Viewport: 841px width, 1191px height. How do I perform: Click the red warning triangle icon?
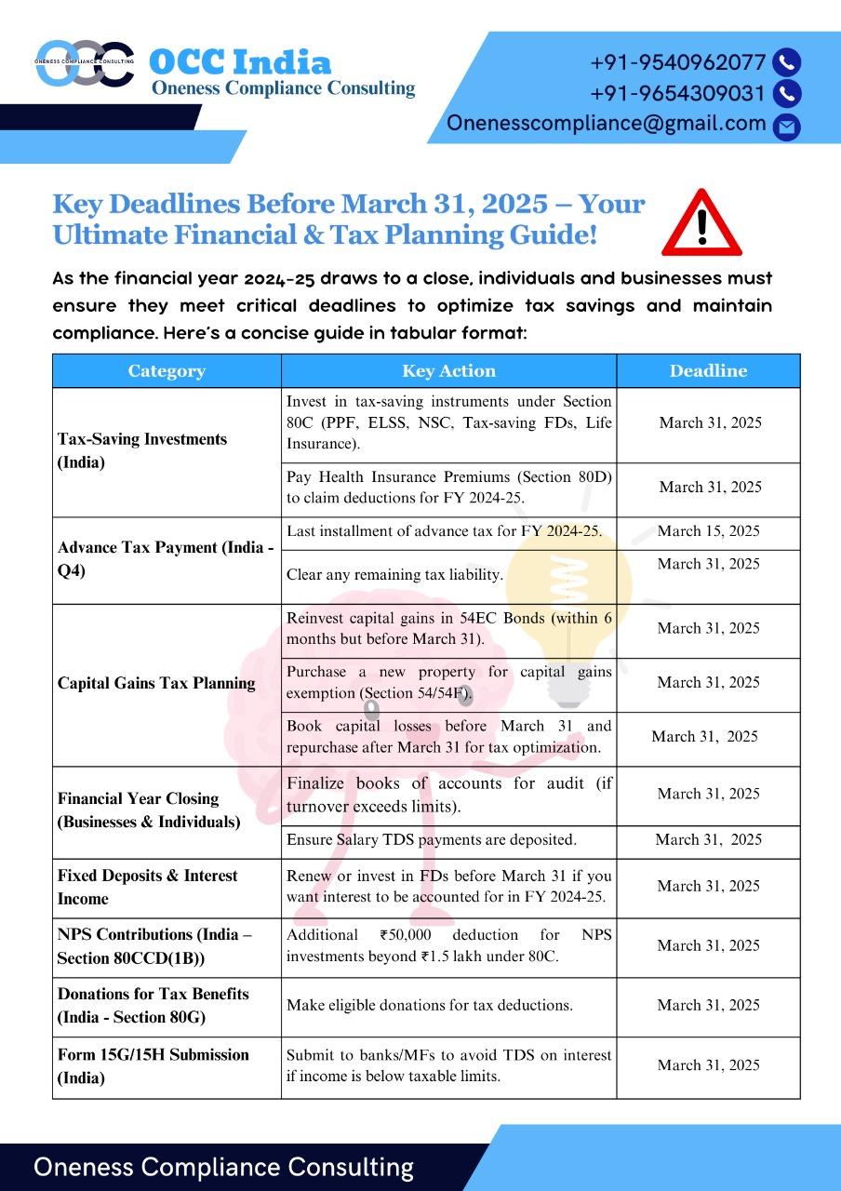point(701,224)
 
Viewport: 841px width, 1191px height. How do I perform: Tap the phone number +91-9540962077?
point(678,63)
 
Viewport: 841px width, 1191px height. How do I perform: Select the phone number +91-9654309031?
point(678,94)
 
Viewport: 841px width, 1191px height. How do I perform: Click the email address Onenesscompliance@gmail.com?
point(607,124)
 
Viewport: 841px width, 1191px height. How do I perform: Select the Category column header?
point(167,371)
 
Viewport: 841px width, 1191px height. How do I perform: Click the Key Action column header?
point(448,371)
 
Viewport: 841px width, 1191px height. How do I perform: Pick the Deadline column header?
point(708,371)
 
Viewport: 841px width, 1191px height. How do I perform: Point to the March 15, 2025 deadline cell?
point(708,531)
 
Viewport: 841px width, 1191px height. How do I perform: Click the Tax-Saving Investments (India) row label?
point(142,450)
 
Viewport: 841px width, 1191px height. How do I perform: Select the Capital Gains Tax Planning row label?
point(156,683)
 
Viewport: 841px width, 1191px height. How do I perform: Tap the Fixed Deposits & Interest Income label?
point(147,887)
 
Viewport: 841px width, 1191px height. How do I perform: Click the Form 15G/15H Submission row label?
point(153,1066)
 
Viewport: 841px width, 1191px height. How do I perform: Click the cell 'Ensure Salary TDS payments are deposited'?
point(432,839)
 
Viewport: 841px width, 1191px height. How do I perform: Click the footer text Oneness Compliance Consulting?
point(224,1168)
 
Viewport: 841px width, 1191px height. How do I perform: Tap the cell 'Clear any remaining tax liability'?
point(394,575)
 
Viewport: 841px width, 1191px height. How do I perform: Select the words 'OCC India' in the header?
point(240,62)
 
